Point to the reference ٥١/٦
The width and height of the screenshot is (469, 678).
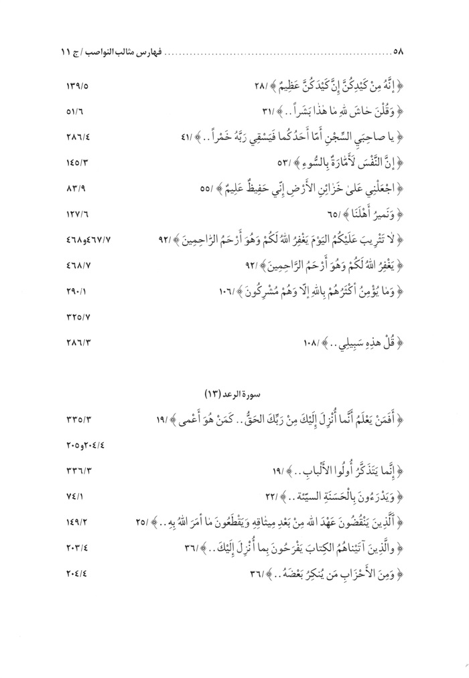coord(78,113)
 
